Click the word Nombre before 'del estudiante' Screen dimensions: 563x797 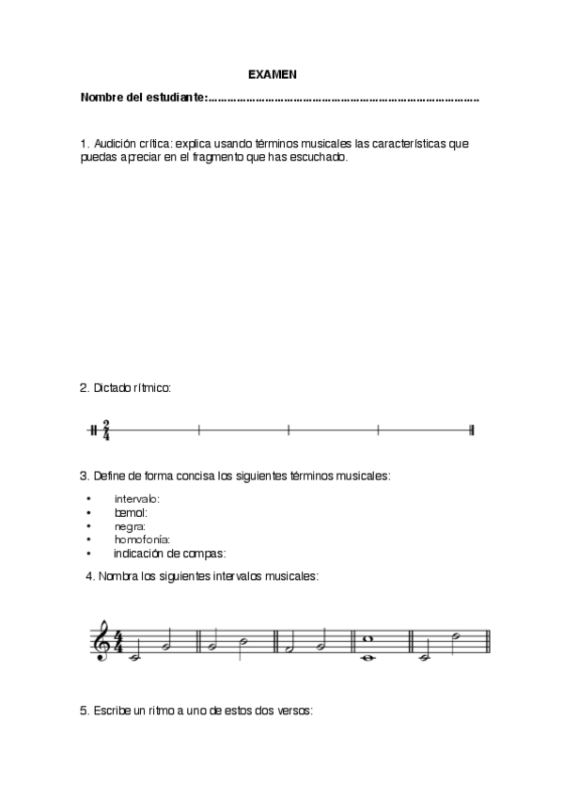(102, 98)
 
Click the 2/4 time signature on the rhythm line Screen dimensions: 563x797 (106, 430)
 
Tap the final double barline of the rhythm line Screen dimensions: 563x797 (471, 430)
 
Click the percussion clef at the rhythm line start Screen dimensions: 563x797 (93, 430)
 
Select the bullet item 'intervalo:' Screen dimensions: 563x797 (136, 498)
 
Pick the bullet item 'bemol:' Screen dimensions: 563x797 (131, 512)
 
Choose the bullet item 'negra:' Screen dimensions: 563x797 (130, 526)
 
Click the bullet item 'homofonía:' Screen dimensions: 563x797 (141, 539)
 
